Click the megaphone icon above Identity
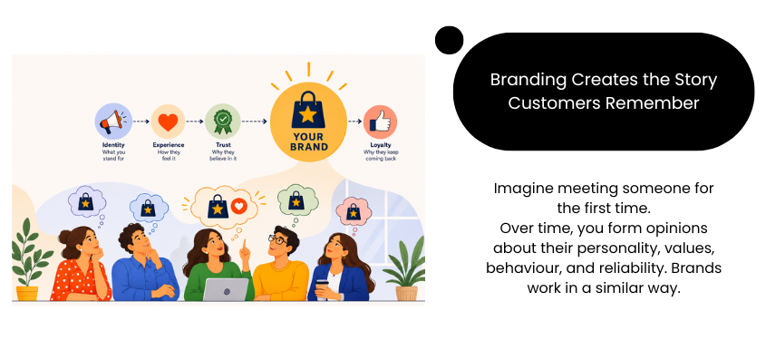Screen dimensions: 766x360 (x=112, y=122)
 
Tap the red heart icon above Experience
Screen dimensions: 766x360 (x=168, y=122)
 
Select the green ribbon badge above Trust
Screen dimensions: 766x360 (x=223, y=122)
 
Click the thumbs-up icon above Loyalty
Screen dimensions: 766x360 (x=380, y=122)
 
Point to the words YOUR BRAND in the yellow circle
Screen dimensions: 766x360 (x=309, y=141)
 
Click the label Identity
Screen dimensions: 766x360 (x=113, y=145)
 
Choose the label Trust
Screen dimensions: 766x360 (x=223, y=145)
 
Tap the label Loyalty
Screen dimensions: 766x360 (x=381, y=145)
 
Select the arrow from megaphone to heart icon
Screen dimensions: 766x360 (x=141, y=122)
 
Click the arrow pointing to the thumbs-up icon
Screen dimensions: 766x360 (x=354, y=122)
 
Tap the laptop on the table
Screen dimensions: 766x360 (x=226, y=289)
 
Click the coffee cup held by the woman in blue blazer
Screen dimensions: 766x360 (x=322, y=288)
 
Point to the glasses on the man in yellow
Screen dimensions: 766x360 (x=277, y=239)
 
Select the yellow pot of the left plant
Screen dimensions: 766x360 (x=27, y=293)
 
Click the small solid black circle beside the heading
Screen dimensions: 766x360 (x=449, y=40)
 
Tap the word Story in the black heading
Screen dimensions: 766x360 (x=695, y=80)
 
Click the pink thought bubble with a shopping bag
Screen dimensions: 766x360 (x=354, y=211)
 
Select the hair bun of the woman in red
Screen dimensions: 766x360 (x=64, y=237)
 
